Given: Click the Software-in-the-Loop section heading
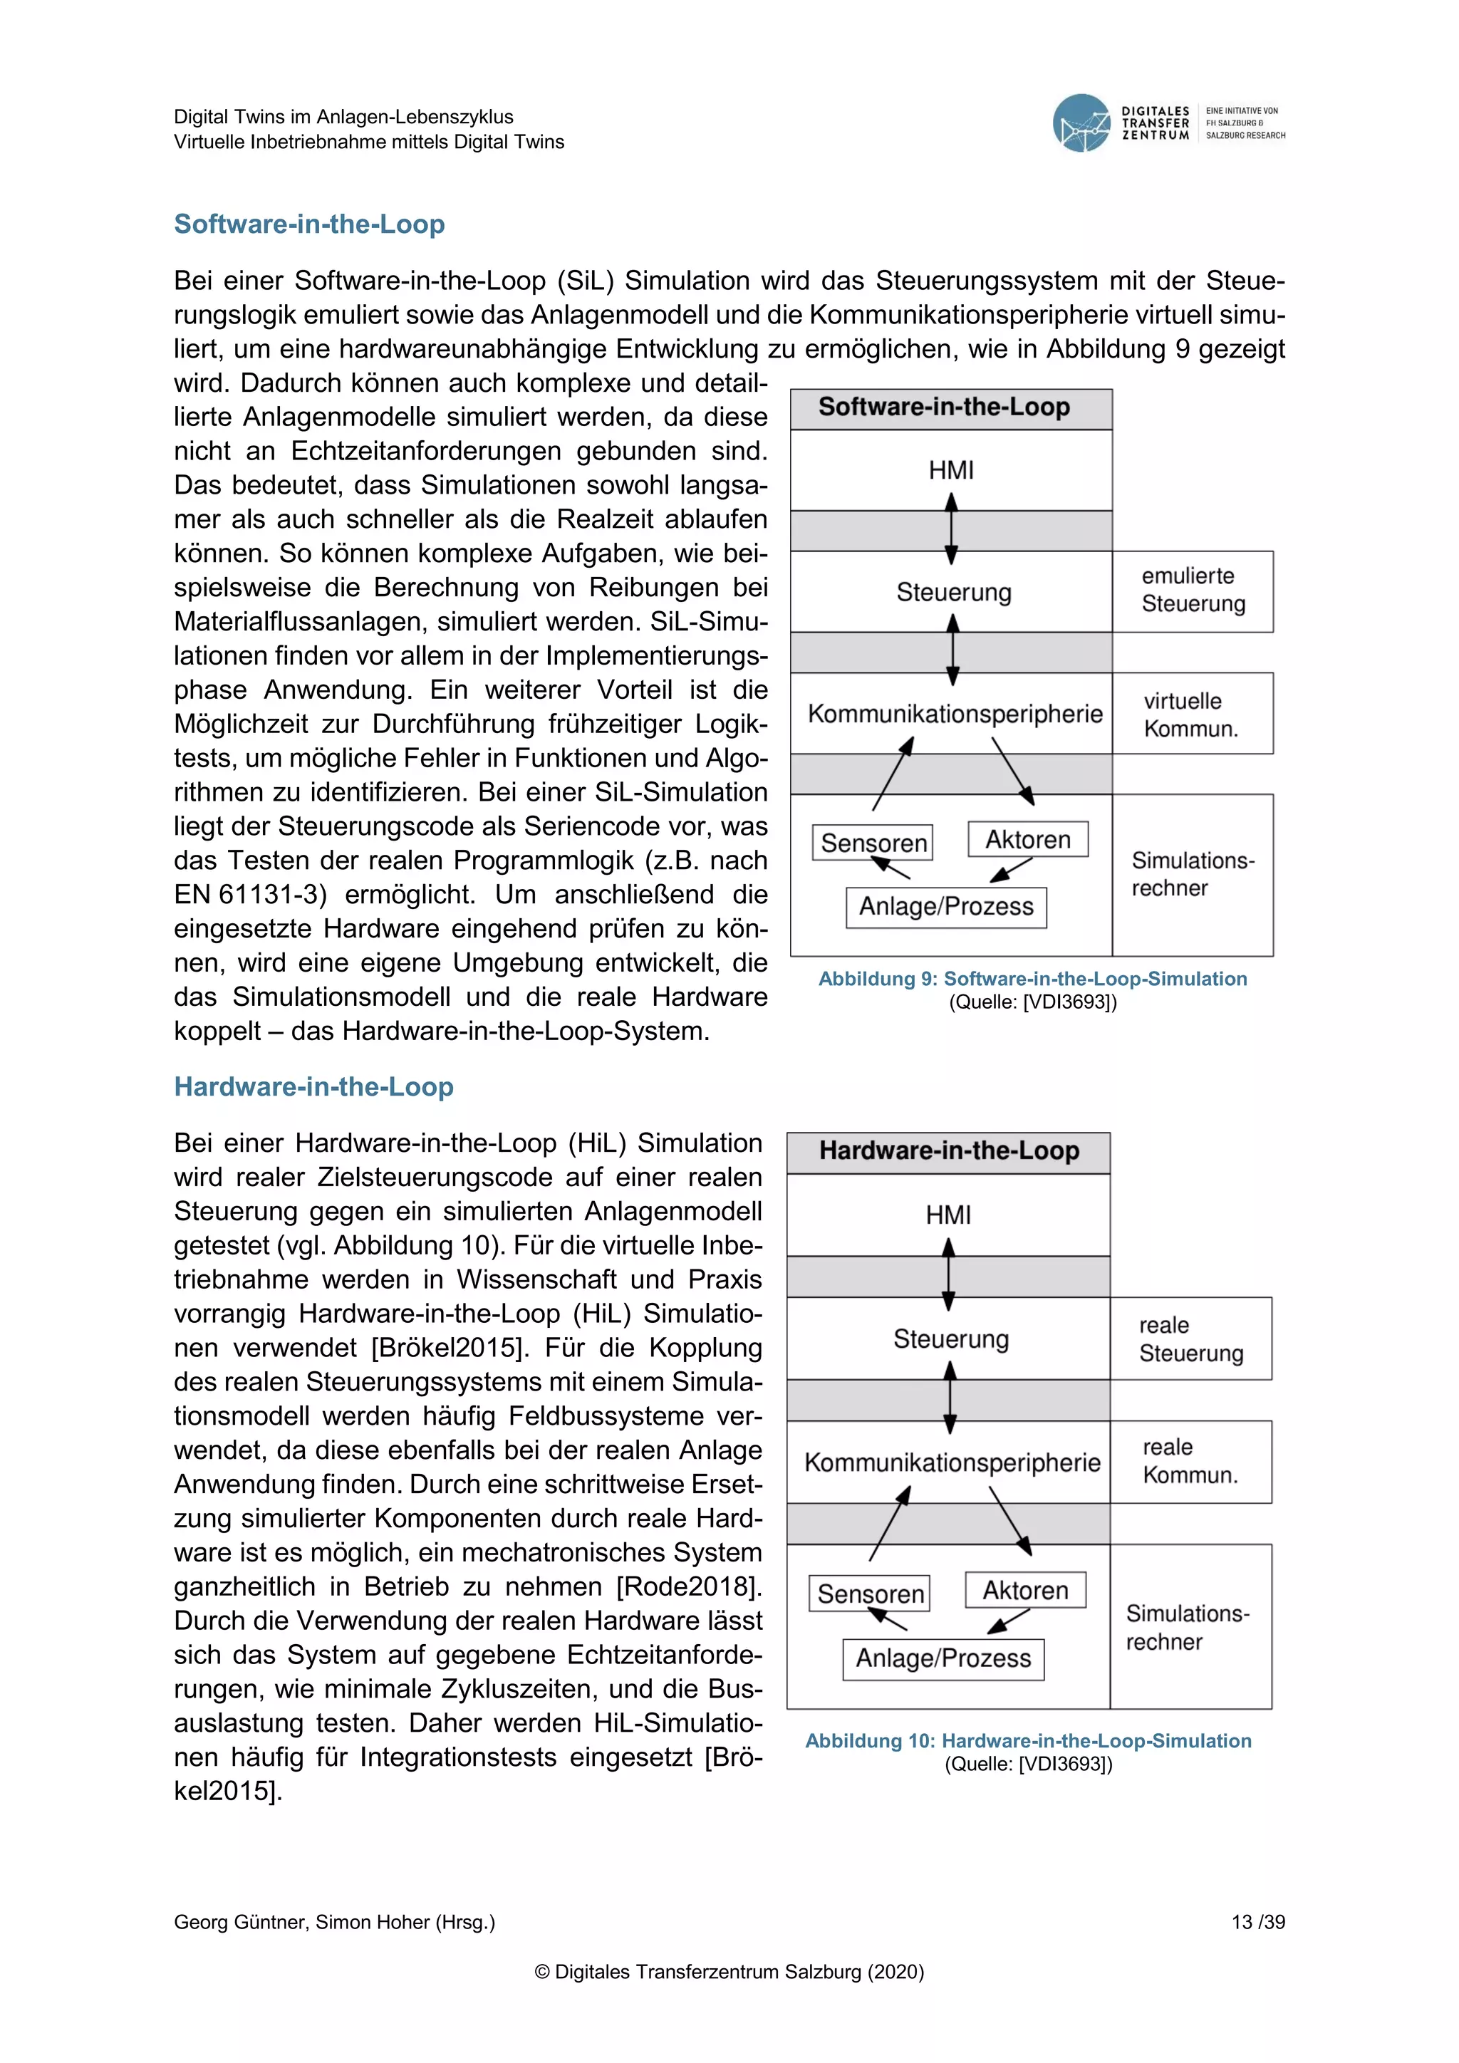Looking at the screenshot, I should (309, 224).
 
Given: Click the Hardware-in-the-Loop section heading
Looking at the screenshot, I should (313, 1086).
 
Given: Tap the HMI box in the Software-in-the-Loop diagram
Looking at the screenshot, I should (950, 470).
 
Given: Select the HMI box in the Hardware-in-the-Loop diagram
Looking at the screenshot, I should (947, 1215).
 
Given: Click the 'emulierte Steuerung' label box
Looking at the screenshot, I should (1192, 591).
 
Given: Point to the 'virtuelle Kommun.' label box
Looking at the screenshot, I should (1192, 713).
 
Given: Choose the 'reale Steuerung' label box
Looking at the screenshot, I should (1190, 1339).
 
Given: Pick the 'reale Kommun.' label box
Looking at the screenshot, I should (1190, 1461).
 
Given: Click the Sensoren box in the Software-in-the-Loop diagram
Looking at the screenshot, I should (873, 843).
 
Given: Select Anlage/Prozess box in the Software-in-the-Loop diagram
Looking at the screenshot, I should (946, 907).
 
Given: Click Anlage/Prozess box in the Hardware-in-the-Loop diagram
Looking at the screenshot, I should (943, 1658).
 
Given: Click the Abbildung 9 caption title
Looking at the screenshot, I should (1032, 979).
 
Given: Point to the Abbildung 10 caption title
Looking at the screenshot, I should (1028, 1740).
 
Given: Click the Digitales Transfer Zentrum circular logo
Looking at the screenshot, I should (1081, 123).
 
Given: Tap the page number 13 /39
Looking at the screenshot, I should (1258, 1922).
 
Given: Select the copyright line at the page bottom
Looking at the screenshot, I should (729, 1971).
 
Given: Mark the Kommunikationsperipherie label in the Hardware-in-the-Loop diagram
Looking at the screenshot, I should (951, 1462).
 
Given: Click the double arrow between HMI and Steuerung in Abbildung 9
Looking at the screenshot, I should (951, 530).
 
